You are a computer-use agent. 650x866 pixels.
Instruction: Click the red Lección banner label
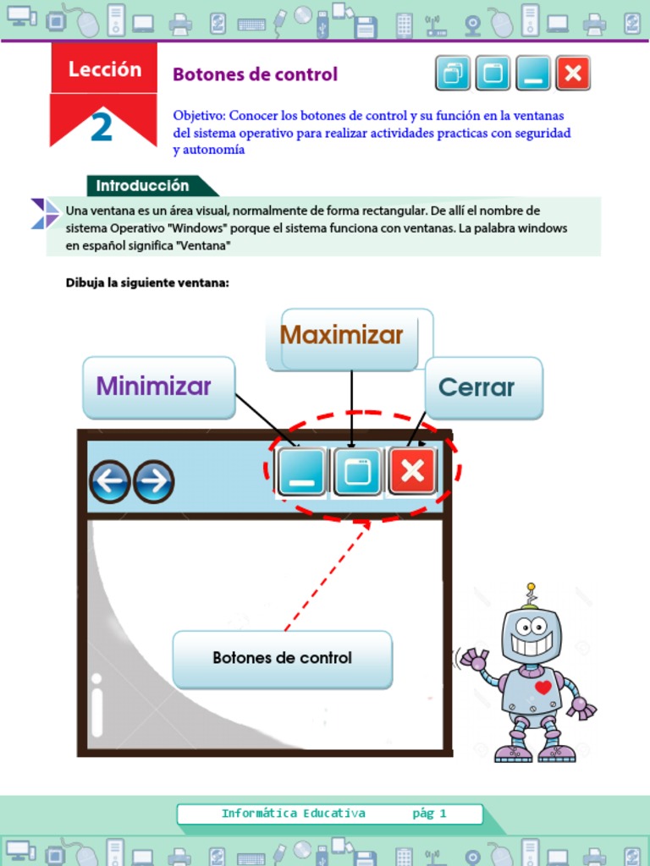(104, 69)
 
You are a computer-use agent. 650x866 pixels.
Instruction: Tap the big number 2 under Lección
(102, 128)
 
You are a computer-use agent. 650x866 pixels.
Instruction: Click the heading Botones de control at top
(255, 74)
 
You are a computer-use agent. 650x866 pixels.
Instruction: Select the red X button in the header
(572, 74)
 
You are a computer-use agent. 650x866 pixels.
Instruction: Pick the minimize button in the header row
(532, 74)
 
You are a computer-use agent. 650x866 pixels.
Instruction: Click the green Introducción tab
(142, 185)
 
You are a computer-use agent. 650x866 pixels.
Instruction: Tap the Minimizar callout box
(158, 387)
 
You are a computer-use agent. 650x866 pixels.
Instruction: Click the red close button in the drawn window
(412, 471)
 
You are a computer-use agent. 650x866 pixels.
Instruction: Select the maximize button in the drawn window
(357, 471)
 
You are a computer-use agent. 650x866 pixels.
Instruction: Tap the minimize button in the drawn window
(301, 472)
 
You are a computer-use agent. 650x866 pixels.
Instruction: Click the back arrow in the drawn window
(110, 482)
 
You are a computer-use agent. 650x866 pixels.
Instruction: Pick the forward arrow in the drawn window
(153, 482)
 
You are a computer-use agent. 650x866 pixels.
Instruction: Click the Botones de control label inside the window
(282, 658)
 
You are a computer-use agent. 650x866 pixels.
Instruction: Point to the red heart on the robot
(543, 687)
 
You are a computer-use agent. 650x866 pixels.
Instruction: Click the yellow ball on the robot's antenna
(531, 586)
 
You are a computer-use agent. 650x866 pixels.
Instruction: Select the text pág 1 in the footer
(429, 814)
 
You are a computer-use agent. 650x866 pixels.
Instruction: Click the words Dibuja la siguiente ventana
(147, 282)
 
